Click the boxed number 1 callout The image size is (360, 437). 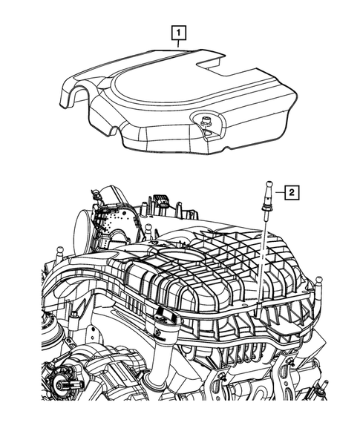point(178,32)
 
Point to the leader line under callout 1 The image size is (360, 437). point(178,45)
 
